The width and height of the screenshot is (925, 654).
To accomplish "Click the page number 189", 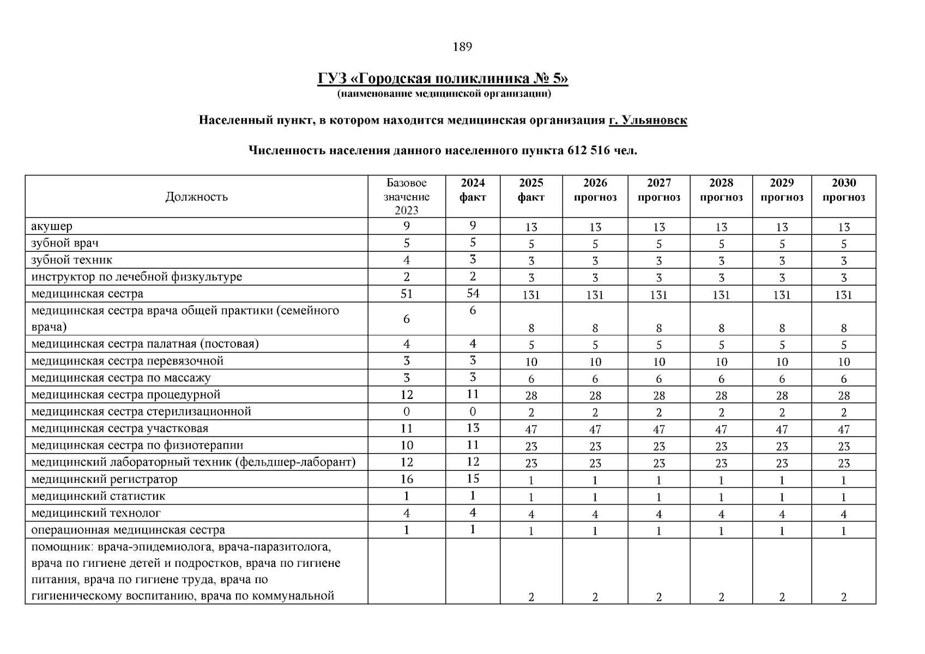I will tap(462, 47).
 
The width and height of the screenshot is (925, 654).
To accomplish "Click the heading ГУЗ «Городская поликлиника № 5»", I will tap(443, 79).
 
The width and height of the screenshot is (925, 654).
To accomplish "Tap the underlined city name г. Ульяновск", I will tap(648, 120).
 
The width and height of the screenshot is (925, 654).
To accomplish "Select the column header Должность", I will tap(196, 197).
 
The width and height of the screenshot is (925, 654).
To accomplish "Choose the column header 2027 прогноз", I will tap(658, 190).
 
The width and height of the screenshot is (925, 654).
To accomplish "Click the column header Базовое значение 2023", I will tap(407, 197).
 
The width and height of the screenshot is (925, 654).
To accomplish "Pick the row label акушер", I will tap(52, 226).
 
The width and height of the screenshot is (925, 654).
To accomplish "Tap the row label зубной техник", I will tap(72, 260).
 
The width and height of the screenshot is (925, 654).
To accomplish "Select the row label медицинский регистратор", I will tap(104, 480).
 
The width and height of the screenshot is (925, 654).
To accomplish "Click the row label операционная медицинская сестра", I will tap(128, 530).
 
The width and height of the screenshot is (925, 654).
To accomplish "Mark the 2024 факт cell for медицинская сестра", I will tap(473, 293).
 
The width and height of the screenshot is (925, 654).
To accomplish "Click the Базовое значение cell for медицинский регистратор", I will tap(407, 479).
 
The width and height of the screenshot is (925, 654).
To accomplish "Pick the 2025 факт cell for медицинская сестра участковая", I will tap(531, 429).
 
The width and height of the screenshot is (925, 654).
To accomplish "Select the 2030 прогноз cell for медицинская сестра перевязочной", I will tap(843, 362).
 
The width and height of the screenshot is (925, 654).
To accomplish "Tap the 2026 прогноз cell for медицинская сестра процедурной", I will tap(595, 396).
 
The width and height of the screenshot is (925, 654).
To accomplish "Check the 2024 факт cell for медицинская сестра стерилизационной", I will tap(473, 411).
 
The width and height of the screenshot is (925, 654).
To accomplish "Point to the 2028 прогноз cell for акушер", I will tap(721, 227).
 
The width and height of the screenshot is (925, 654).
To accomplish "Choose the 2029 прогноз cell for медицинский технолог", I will tap(782, 514).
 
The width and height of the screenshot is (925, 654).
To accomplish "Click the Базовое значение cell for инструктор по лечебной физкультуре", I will tap(407, 277).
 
